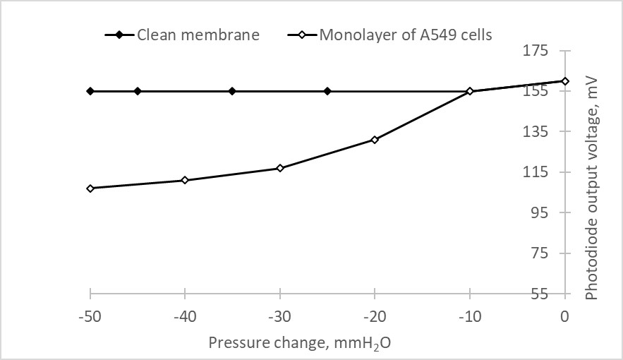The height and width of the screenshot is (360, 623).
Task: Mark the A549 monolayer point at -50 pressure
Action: pyautogui.click(x=90, y=188)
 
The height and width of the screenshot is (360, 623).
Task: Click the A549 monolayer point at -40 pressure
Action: pyautogui.click(x=185, y=180)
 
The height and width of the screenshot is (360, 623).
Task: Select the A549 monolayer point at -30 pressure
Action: pyautogui.click(x=280, y=168)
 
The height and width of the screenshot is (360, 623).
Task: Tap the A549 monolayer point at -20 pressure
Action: pyautogui.click(x=375, y=140)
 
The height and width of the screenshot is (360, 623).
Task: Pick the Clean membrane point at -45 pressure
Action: pyautogui.click(x=138, y=91)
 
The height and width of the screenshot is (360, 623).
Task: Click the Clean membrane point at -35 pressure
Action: pyautogui.click(x=232, y=91)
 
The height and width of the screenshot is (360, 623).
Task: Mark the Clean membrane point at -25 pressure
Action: pyautogui.click(x=327, y=91)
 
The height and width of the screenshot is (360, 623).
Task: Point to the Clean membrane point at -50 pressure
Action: pyautogui.click(x=90, y=91)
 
